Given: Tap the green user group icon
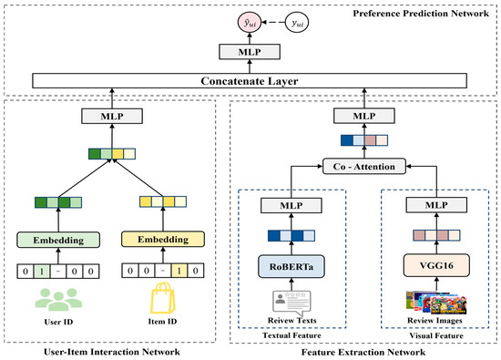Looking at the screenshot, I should tap(61, 298).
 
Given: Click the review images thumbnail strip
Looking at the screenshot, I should tap(428, 301).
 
